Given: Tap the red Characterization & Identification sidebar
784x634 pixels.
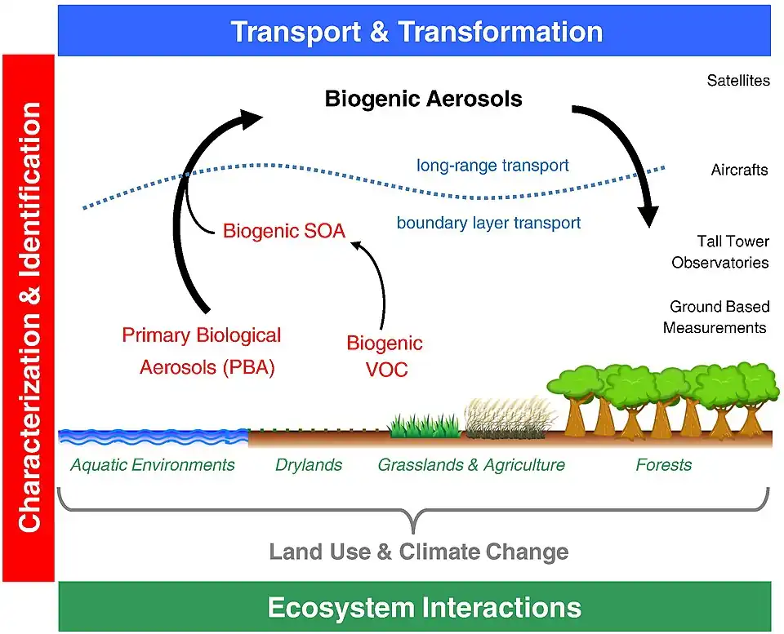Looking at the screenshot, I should click(x=29, y=318).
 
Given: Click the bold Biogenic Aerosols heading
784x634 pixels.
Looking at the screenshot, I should click(x=423, y=100).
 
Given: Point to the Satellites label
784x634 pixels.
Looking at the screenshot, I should click(x=737, y=81).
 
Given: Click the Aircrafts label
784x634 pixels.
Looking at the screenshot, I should click(x=739, y=171).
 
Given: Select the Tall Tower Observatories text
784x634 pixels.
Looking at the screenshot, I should click(x=720, y=252).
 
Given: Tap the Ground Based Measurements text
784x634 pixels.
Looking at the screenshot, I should click(x=716, y=317).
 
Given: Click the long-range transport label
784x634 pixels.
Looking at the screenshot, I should click(x=492, y=166).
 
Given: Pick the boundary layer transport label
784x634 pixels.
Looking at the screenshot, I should click(x=488, y=222).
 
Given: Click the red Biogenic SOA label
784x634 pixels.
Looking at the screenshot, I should click(x=283, y=232).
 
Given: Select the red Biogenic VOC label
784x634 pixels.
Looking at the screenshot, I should click(x=385, y=357).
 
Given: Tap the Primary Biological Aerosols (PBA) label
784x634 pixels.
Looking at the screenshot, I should click(x=203, y=352).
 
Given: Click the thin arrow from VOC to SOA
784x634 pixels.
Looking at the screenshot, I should click(x=378, y=277).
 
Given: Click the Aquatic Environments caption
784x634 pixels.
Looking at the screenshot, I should click(x=153, y=465).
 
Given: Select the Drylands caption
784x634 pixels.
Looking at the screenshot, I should click(x=309, y=465).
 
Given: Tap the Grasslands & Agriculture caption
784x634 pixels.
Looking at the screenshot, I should click(x=471, y=465).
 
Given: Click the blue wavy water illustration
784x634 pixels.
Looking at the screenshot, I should click(x=153, y=437).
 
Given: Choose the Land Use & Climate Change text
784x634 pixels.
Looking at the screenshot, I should click(x=418, y=552).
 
